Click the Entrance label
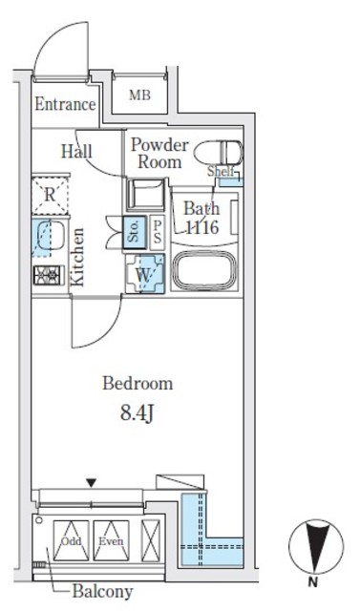(65, 105)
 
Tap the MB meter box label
(139, 95)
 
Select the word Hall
(77, 151)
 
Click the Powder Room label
(159, 154)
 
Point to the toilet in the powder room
(227, 153)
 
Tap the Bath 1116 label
(201, 218)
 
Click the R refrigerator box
(49, 196)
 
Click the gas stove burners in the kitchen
(47, 276)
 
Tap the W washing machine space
(146, 273)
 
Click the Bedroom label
(138, 384)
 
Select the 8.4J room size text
(138, 413)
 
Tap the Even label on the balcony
(111, 541)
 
